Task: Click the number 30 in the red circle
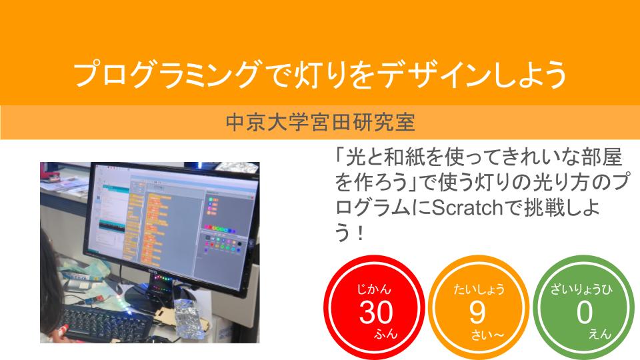(x=376, y=312)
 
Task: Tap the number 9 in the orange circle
(x=477, y=312)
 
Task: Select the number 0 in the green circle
(x=585, y=312)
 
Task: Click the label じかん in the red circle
(x=374, y=289)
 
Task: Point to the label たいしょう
(x=479, y=289)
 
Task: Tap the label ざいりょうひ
(x=581, y=289)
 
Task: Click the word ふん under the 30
(x=386, y=334)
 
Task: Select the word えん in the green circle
(x=600, y=334)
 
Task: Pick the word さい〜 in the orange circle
(x=488, y=335)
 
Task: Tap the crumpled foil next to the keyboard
(x=190, y=319)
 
